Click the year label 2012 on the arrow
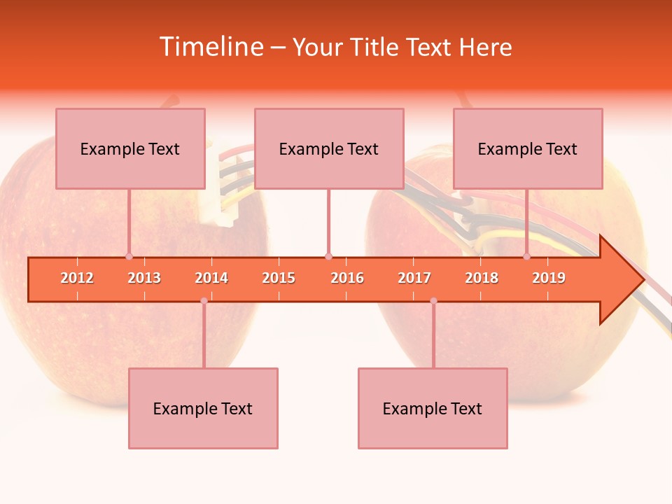[x=77, y=278]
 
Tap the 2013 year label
[x=144, y=278]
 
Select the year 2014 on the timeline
[x=211, y=278]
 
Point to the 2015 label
[x=279, y=278]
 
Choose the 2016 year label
[x=347, y=278]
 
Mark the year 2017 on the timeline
[x=414, y=278]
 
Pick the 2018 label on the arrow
[x=482, y=278]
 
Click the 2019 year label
[x=549, y=278]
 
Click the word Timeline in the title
[x=210, y=47]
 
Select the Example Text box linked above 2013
[x=130, y=148]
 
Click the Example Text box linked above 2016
[x=329, y=148]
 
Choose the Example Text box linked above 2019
[x=528, y=148]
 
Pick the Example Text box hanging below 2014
[x=203, y=408]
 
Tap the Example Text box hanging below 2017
[x=433, y=408]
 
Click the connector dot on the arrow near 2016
[x=328, y=257]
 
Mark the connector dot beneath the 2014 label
[x=204, y=301]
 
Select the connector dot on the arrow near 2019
[x=527, y=257]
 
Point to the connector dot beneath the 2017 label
[x=433, y=301]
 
